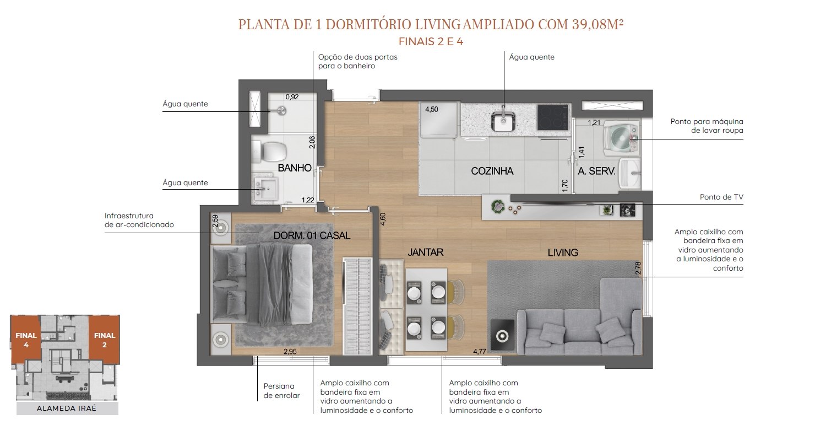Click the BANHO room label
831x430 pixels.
(x=295, y=168)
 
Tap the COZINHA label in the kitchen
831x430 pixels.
(x=492, y=171)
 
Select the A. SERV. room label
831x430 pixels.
(x=596, y=171)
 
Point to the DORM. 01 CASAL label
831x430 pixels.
(x=312, y=235)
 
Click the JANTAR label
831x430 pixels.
(x=426, y=252)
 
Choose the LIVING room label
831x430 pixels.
(x=563, y=252)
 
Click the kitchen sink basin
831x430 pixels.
(x=503, y=121)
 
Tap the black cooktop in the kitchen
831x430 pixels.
(x=553, y=118)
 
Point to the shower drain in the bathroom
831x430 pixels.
(x=282, y=110)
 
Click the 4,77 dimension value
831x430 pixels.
(x=479, y=351)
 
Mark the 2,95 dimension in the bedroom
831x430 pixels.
(x=290, y=351)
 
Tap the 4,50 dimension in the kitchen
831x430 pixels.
(x=431, y=109)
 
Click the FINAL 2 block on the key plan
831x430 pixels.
(x=104, y=340)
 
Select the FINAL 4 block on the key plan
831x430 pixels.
(x=25, y=340)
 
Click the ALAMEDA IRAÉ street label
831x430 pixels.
(x=67, y=408)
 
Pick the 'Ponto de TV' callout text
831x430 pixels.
(x=721, y=197)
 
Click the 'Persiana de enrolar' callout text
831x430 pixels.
(x=281, y=391)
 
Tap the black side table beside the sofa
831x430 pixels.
(x=503, y=335)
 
